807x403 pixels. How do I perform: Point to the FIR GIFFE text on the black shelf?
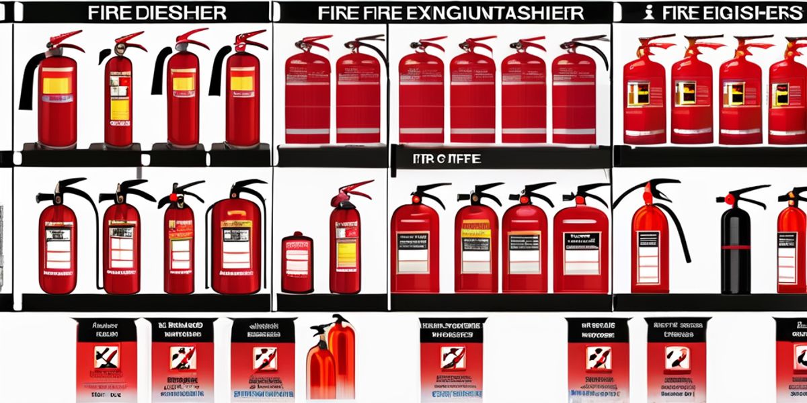447,159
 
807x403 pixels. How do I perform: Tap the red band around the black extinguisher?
734,248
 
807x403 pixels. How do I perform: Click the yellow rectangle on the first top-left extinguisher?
56,85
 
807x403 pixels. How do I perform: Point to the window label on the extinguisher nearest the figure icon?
638,94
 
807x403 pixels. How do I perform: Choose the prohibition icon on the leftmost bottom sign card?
106,356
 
